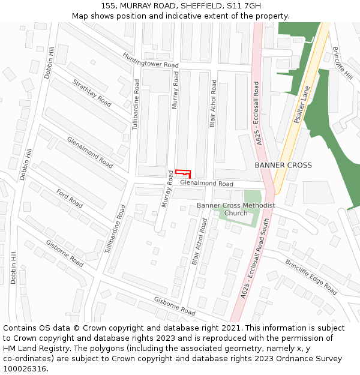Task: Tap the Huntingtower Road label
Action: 151,61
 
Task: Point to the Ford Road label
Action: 70,198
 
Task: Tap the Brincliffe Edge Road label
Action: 311,277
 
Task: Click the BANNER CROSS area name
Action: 283,165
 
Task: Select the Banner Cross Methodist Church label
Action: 236,209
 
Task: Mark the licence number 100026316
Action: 26,369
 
